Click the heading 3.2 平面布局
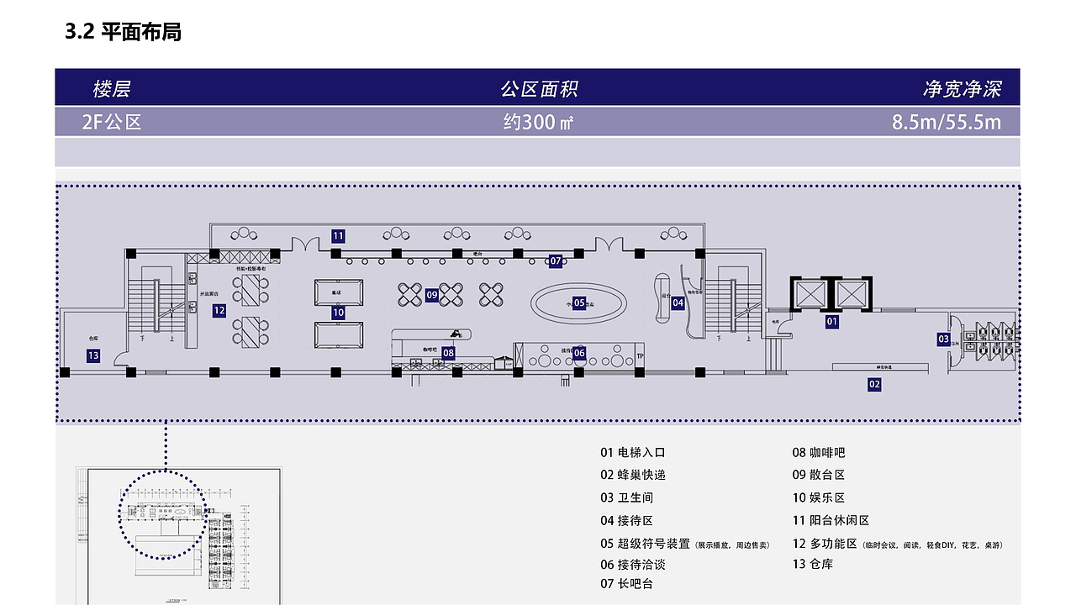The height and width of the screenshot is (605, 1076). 123,33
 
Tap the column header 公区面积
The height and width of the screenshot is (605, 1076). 539,89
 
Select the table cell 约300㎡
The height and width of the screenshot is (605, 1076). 538,122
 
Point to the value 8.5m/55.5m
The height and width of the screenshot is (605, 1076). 947,122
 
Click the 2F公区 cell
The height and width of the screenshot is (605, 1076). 112,122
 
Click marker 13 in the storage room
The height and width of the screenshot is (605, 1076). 93,355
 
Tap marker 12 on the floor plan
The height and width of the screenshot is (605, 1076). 219,310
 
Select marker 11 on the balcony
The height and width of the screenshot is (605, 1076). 338,236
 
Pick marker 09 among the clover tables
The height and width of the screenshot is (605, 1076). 431,295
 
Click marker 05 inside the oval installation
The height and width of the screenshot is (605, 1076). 579,303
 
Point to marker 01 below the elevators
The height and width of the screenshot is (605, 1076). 832,321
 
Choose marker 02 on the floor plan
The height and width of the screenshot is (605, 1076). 874,384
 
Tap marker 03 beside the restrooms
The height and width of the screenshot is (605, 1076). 943,339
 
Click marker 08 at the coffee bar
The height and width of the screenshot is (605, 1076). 449,353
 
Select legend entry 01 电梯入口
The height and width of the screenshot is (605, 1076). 633,452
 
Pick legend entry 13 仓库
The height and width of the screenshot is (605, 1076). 812,564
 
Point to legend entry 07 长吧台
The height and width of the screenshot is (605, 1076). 626,583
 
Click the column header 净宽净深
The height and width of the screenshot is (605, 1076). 962,89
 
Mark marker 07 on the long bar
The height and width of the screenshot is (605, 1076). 556,260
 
